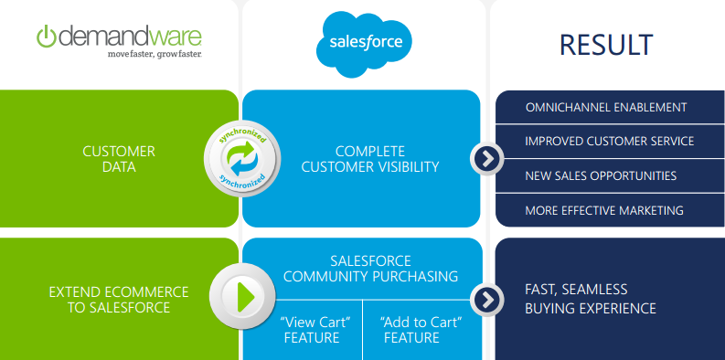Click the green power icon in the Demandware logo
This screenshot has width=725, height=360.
(x=47, y=37)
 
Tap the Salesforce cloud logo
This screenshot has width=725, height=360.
(x=364, y=44)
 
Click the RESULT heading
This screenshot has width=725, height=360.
(x=606, y=45)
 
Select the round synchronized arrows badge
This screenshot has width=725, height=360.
(x=242, y=158)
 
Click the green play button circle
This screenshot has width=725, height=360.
(x=243, y=296)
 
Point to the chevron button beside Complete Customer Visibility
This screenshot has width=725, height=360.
(x=487, y=159)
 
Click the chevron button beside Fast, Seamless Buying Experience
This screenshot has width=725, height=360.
(x=487, y=300)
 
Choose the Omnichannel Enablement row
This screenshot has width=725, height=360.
(x=610, y=107)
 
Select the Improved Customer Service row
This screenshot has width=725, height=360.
(x=610, y=141)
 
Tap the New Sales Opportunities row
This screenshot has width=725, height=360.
(x=610, y=175)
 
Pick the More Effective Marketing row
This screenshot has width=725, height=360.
(x=610, y=210)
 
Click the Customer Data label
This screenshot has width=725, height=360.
(x=119, y=159)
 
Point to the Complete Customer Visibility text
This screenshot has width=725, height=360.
(x=370, y=159)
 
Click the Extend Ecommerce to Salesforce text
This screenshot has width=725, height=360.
(x=119, y=300)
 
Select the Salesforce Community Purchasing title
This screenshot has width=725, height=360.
(x=371, y=269)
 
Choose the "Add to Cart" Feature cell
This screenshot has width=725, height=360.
(x=421, y=330)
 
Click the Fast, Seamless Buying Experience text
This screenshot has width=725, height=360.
(x=591, y=299)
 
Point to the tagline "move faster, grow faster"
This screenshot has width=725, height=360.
(x=155, y=55)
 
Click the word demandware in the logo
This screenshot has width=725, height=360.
(x=130, y=37)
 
